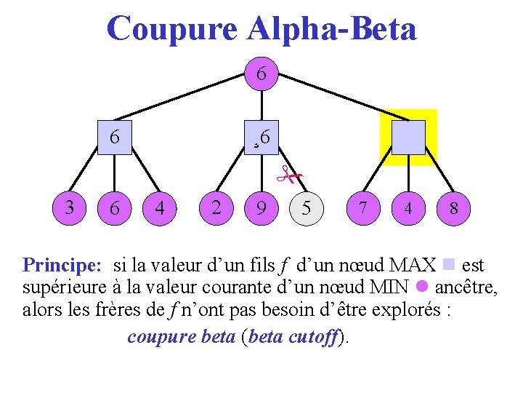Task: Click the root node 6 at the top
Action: pos(261,74)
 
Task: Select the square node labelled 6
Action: pos(115,137)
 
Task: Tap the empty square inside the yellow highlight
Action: pos(408,137)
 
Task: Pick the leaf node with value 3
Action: pos(69,207)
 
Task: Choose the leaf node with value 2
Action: pos(216,207)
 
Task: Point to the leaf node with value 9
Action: pos(261,208)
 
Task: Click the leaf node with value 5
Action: pos(307,208)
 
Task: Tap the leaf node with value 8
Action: pos(453,208)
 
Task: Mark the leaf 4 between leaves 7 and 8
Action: pos(408,208)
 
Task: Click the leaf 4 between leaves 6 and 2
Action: pos(160,208)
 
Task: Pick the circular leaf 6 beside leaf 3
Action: pos(114,208)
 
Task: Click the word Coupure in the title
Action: pos(171,29)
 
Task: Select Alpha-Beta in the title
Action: pos(333,29)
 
